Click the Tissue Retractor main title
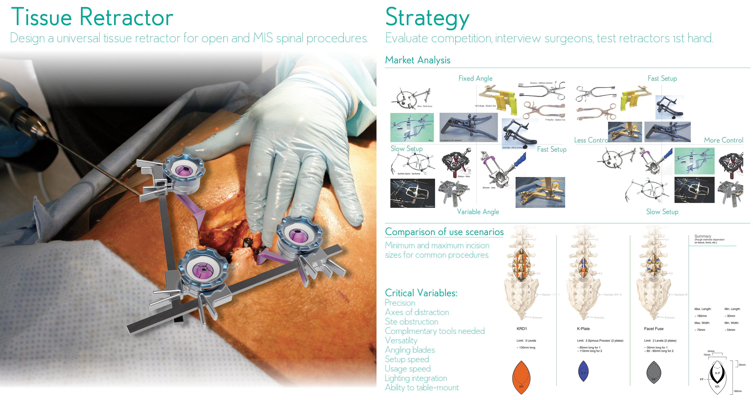point(92,17)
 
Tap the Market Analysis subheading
point(417,60)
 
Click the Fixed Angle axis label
point(475,78)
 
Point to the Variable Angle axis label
point(478,212)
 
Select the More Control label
point(723,140)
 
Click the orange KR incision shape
point(521,377)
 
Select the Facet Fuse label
point(654,329)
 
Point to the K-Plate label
point(583,329)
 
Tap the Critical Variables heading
point(421,293)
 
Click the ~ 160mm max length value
point(701,316)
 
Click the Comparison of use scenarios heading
point(444,232)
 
